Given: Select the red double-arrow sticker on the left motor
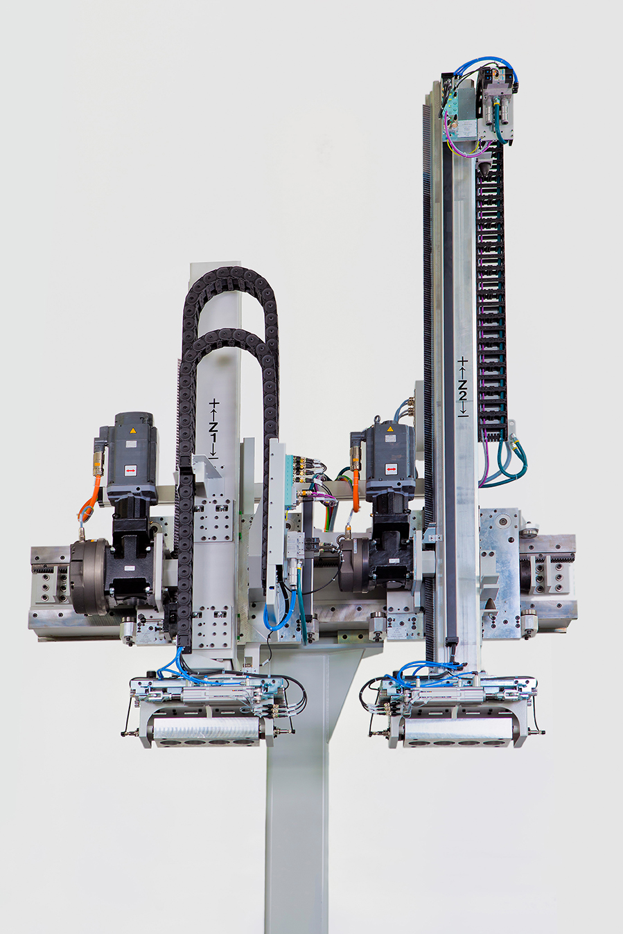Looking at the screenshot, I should click(130, 470).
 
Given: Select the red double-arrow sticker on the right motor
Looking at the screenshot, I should click(391, 470).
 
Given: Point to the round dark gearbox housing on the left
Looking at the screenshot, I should click(89, 576).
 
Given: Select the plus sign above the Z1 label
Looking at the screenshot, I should click(214, 403).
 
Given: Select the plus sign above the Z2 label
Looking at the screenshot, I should click(463, 362).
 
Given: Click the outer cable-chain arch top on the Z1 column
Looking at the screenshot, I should click(229, 272).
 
